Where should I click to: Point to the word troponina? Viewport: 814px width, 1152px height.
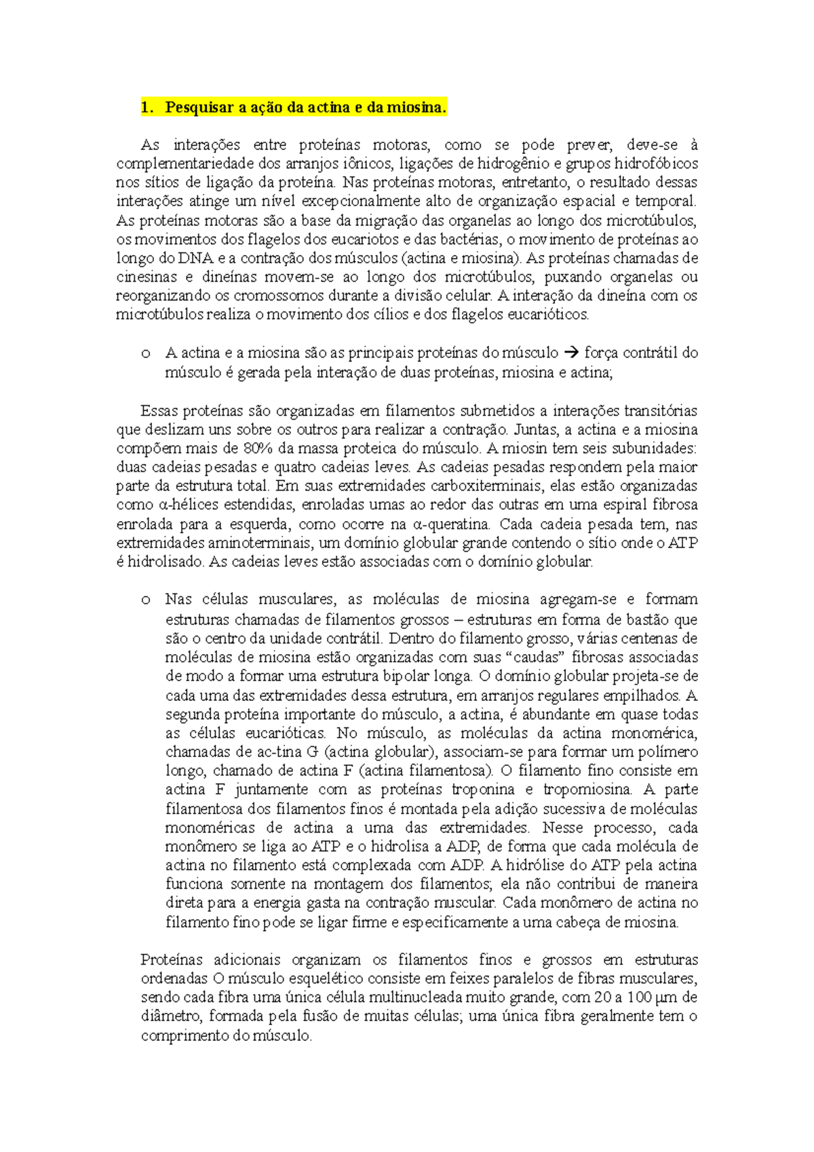coord(483,789)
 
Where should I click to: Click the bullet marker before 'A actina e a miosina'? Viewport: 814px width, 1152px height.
coord(145,353)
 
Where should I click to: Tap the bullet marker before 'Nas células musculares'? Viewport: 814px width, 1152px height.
coord(145,600)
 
